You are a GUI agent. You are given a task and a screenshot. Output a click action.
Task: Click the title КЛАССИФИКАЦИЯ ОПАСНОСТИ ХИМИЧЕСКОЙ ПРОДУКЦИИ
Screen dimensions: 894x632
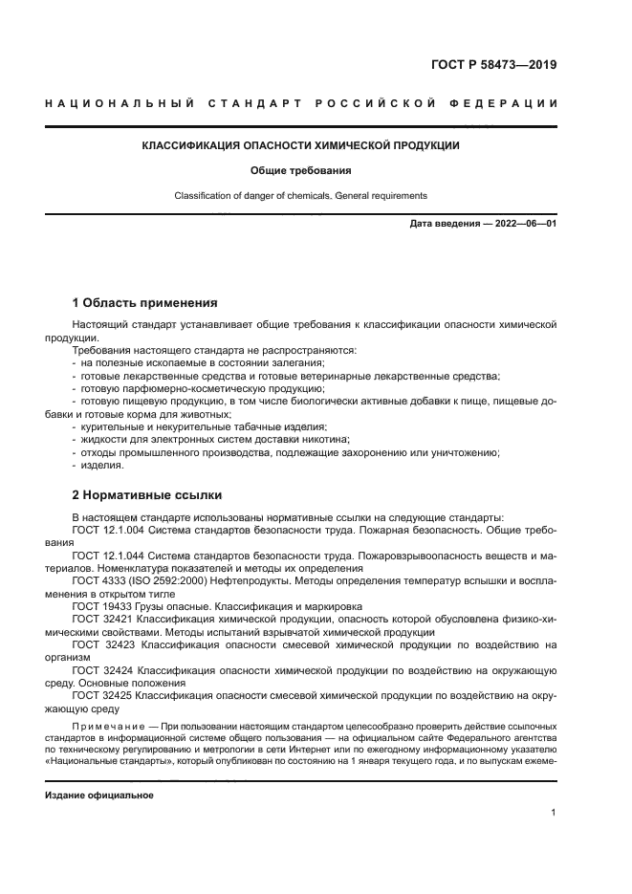301,146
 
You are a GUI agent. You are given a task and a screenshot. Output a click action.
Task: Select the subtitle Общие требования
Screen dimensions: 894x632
301,171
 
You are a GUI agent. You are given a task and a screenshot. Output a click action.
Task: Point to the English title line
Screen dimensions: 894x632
301,196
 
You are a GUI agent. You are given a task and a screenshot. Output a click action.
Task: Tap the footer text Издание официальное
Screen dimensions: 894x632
98,796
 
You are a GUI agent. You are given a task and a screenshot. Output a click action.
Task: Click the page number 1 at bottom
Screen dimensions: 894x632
554,812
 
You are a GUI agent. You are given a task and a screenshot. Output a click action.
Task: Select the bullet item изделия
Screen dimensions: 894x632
102,466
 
